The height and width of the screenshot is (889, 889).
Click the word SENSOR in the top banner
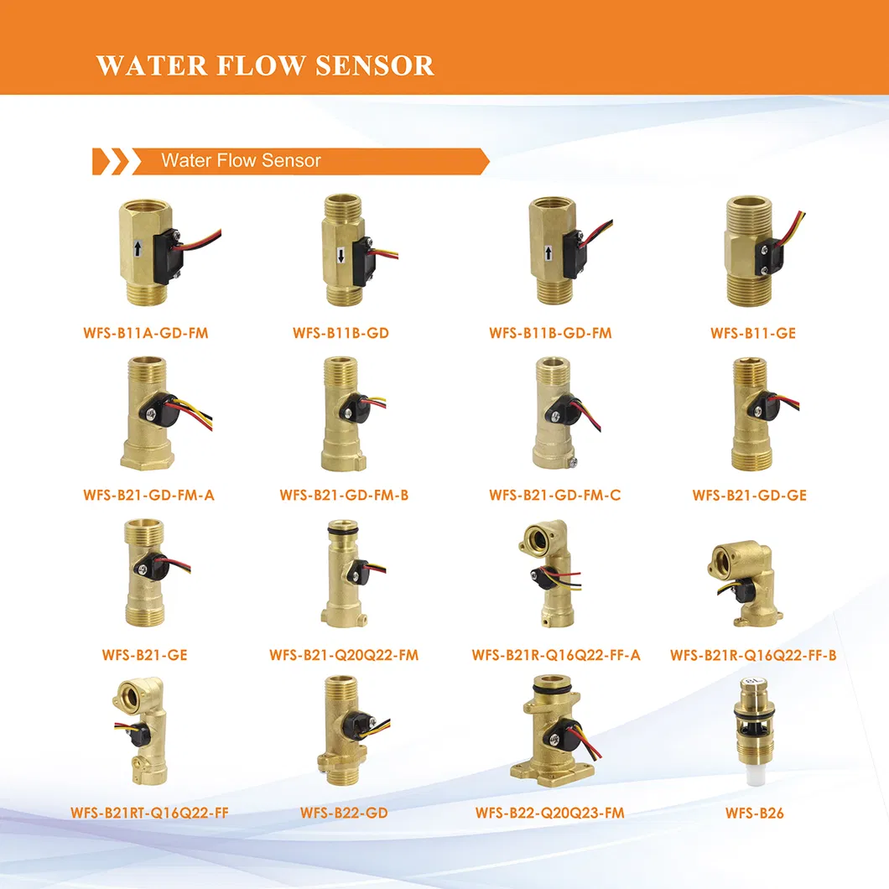tap(375, 65)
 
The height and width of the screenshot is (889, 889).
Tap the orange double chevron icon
tap(111, 162)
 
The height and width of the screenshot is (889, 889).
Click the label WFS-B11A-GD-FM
tap(146, 333)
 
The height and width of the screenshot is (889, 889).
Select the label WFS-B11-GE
tap(753, 333)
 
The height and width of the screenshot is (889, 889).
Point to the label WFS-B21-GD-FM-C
tap(554, 495)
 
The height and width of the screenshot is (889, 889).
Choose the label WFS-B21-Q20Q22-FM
tap(344, 655)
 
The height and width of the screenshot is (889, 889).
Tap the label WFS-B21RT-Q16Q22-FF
tap(149, 813)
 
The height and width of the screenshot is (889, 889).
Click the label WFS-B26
tap(754, 813)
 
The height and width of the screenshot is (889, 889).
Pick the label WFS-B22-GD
tap(344, 813)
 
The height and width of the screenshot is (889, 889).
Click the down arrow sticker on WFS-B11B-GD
tap(341, 257)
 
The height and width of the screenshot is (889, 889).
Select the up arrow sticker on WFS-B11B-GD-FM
tap(548, 253)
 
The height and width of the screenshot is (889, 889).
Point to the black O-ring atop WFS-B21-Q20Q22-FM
tap(343, 531)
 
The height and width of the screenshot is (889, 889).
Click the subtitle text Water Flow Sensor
tap(241, 161)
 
